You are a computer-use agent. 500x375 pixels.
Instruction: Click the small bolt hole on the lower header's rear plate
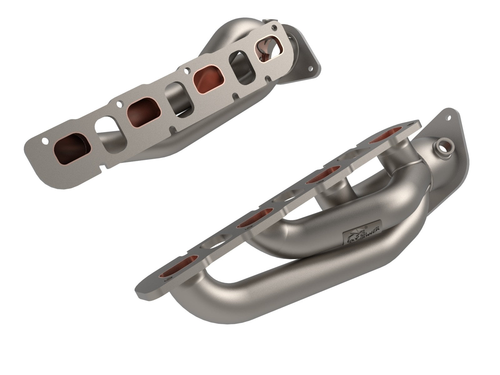pyautogui.click(x=450, y=117)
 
